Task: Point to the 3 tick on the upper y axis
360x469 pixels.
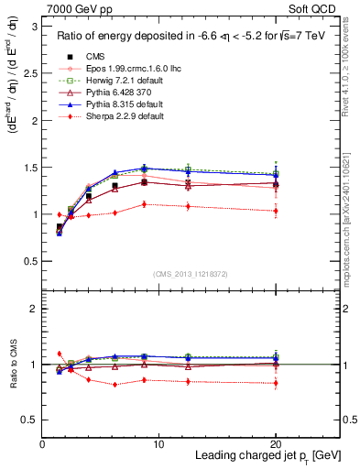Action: click(x=34, y=27)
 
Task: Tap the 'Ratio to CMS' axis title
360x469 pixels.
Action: click(x=12, y=362)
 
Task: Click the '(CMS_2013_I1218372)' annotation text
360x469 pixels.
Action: click(x=191, y=272)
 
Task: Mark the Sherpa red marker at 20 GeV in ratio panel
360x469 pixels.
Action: click(x=276, y=383)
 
